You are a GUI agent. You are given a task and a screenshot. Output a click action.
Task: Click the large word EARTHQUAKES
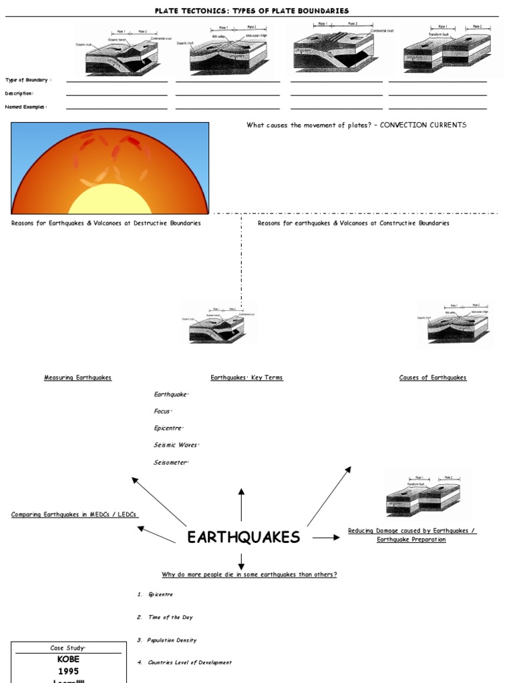243,538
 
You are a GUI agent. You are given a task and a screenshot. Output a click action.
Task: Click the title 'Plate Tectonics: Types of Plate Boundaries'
252,11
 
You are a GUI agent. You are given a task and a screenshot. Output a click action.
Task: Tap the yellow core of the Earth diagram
110,200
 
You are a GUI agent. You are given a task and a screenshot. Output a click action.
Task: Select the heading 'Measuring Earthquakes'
77,378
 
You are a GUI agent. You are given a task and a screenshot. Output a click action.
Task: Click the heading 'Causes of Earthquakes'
433,378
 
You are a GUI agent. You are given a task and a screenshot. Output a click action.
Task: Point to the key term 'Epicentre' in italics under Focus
168,428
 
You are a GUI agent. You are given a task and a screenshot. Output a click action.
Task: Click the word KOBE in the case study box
68,659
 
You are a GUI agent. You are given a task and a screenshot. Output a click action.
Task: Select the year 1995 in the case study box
68,671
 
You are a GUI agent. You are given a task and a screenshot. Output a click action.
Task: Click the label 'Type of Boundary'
28,80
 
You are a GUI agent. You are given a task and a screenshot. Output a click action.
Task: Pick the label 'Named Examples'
26,107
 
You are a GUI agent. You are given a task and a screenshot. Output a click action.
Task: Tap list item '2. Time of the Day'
165,618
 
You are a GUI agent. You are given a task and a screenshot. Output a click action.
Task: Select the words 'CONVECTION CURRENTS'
423,125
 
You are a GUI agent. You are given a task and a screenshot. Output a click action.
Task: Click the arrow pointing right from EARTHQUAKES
326,538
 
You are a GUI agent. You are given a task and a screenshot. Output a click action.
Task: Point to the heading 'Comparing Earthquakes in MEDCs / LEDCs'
75,514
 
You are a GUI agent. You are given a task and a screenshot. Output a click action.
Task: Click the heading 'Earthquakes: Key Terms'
246,378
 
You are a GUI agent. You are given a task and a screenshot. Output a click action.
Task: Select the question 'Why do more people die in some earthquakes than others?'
249,574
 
